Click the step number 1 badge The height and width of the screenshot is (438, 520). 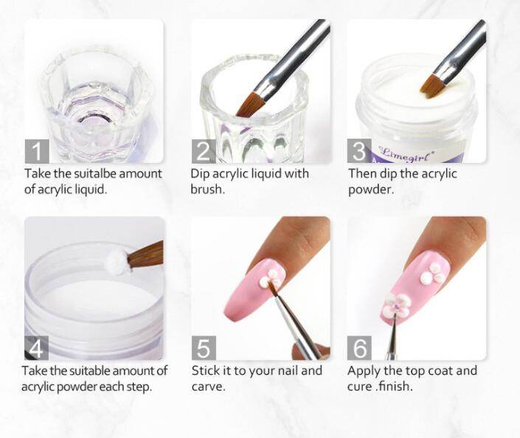pyautogui.click(x=37, y=151)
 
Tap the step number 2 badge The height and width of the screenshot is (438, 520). pyautogui.click(x=204, y=151)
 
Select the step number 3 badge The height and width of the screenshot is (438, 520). pyautogui.click(x=359, y=150)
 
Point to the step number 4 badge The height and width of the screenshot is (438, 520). pyautogui.click(x=36, y=348)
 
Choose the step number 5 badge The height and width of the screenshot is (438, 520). pyautogui.click(x=204, y=348)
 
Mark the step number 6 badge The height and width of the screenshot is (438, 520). pyautogui.click(x=359, y=348)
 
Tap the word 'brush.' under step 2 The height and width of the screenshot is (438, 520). pyautogui.click(x=207, y=190)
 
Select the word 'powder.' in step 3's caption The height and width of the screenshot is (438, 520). pyautogui.click(x=371, y=190)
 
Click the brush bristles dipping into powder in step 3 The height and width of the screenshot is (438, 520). pyautogui.click(x=431, y=87)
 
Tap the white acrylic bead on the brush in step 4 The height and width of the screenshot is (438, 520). pyautogui.click(x=117, y=260)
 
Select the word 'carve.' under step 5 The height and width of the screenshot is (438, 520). pyautogui.click(x=208, y=386)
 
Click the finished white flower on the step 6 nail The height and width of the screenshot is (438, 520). pyautogui.click(x=398, y=305)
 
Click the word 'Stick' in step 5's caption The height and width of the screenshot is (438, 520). pyautogui.click(x=206, y=370)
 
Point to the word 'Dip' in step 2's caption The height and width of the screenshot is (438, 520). pyautogui.click(x=200, y=174)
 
